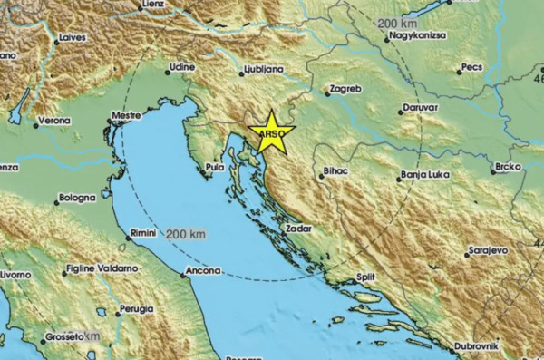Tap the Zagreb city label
[x=345, y=89]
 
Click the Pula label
[x=215, y=167]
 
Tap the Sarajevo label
[x=488, y=248]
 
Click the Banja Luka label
[x=426, y=177]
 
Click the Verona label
[x=54, y=120]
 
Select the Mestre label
[x=125, y=116]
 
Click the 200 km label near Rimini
[x=187, y=235]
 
